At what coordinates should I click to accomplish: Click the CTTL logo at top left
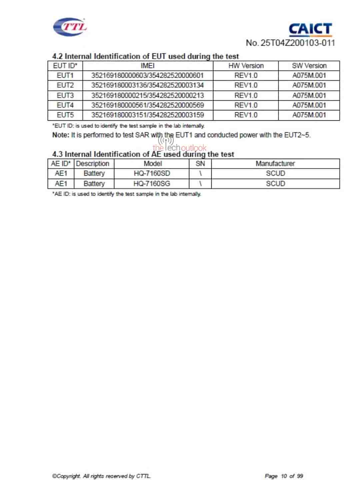pyautogui.click(x=70, y=26)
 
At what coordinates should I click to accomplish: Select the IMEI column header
pyautogui.click(x=147, y=66)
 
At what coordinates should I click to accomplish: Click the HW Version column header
pyautogui.click(x=246, y=66)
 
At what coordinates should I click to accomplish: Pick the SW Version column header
pyautogui.click(x=309, y=66)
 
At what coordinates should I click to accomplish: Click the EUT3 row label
pyautogui.click(x=65, y=95)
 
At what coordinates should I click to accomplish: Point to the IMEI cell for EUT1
pyautogui.click(x=147, y=75)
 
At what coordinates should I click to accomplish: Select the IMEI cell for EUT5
pyautogui.click(x=147, y=115)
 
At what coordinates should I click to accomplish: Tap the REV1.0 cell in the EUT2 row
pyautogui.click(x=246, y=85)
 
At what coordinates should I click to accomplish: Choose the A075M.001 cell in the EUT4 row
pyautogui.click(x=309, y=105)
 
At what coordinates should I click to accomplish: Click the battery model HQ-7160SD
pyautogui.click(x=152, y=173)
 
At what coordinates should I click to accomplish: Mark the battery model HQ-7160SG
pyautogui.click(x=152, y=183)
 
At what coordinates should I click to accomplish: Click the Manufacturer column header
pyautogui.click(x=275, y=164)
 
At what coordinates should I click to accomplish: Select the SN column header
pyautogui.click(x=200, y=164)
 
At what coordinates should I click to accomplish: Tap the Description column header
pyautogui.click(x=93, y=164)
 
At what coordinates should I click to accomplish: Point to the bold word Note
pyautogui.click(x=60, y=135)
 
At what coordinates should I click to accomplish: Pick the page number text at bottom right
pyautogui.click(x=284, y=476)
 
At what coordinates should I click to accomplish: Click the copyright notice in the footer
pyautogui.click(x=101, y=476)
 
